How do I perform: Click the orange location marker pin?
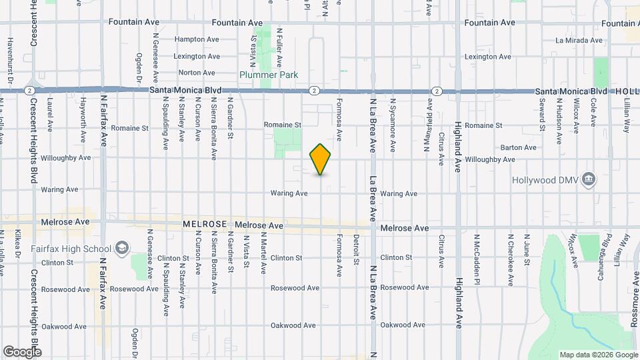pos(321,159)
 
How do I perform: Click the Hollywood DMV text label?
pos(545,181)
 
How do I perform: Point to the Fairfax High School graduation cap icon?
pos(122,249)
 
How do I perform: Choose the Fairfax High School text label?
pos(71,249)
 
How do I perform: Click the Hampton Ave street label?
pos(197,39)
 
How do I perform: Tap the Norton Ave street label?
pos(197,73)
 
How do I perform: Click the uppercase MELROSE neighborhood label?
pos(205,226)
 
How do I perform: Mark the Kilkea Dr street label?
pos(19,247)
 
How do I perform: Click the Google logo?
pos(22,351)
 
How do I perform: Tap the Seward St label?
pos(543,114)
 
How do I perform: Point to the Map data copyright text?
pos(598,355)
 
